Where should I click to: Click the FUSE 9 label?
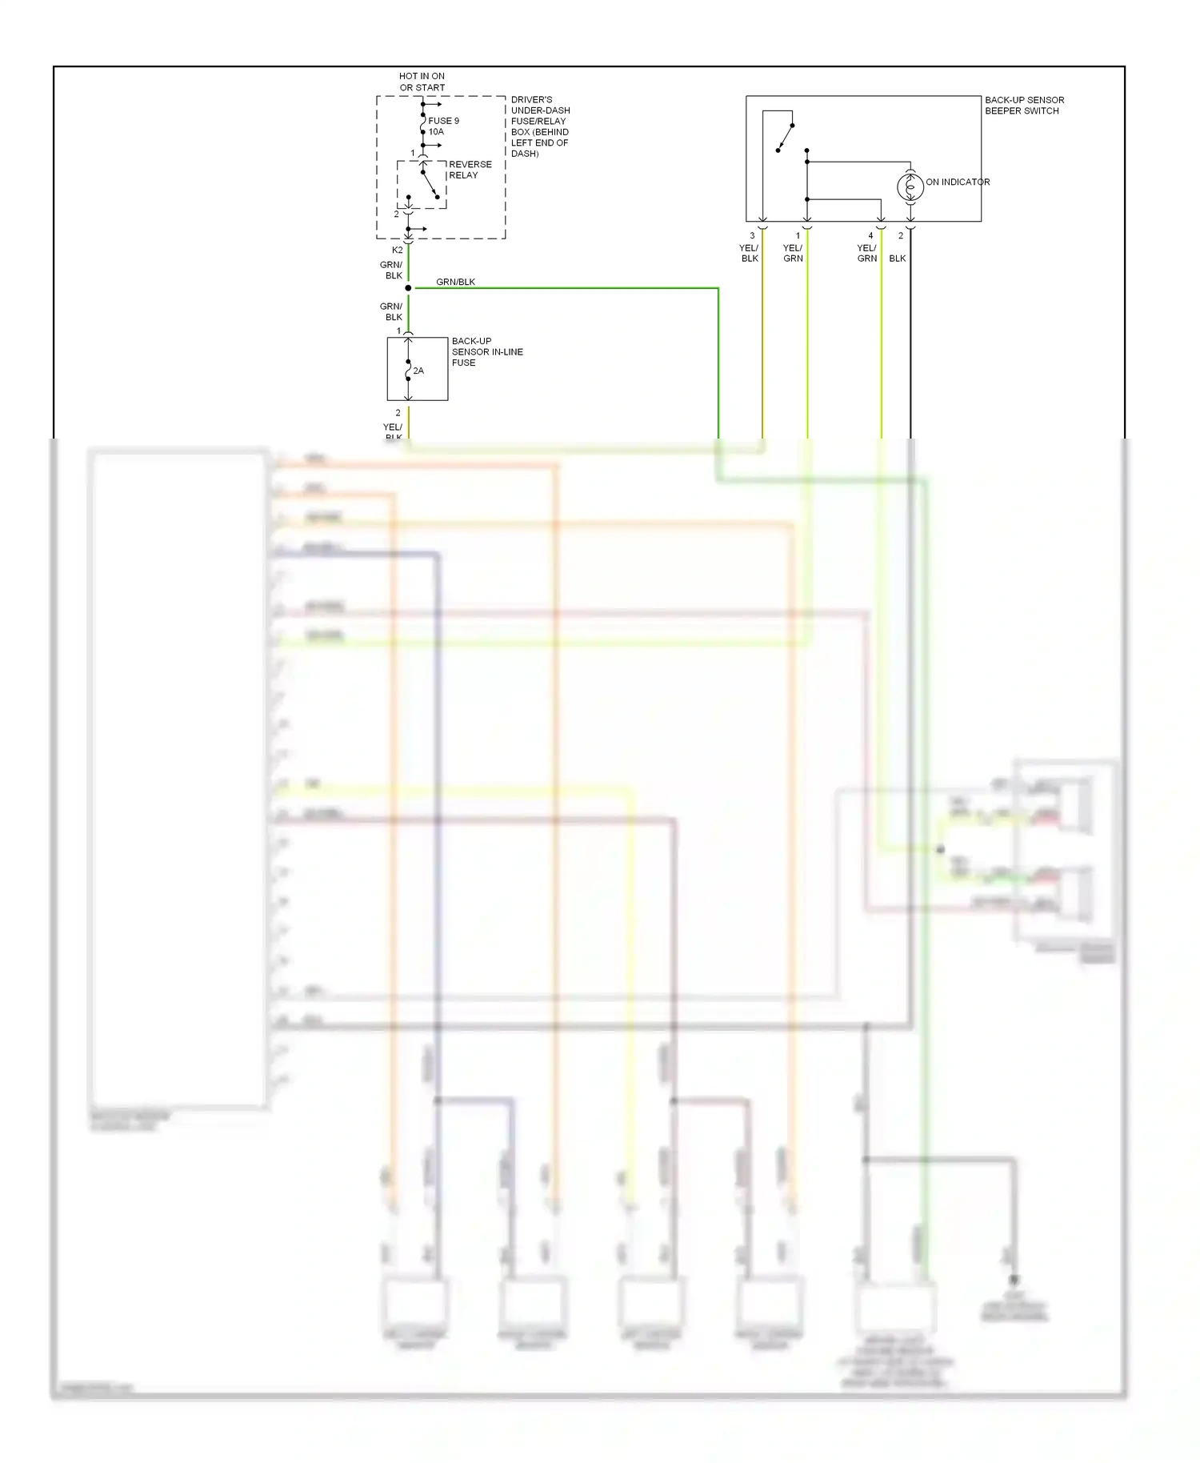(x=443, y=121)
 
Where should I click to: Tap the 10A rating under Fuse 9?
(x=436, y=132)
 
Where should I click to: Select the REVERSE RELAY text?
(x=470, y=170)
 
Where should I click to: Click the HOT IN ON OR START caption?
(x=422, y=82)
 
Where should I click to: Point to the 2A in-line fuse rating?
(x=418, y=371)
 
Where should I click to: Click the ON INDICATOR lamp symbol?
(x=910, y=187)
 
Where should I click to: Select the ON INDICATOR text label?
(x=958, y=182)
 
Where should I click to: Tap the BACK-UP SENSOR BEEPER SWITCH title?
(x=1024, y=106)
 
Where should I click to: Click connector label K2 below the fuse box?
(x=398, y=251)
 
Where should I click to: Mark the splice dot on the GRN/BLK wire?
(x=408, y=288)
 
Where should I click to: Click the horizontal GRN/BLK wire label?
(x=455, y=282)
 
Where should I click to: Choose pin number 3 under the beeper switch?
(x=752, y=236)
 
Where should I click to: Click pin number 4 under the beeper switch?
(x=870, y=236)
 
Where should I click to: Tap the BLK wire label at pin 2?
(x=898, y=259)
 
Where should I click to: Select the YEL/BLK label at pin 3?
(x=749, y=253)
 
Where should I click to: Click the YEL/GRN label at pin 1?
(x=793, y=253)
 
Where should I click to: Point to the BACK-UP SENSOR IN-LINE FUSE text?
(x=486, y=352)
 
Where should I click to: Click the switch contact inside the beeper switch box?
(x=785, y=138)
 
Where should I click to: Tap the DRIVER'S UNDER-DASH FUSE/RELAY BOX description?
(x=540, y=126)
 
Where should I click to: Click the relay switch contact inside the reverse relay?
(x=430, y=182)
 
